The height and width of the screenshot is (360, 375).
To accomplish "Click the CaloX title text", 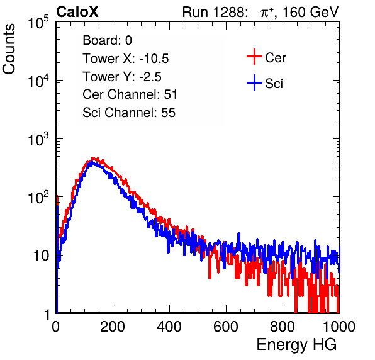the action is tap(77, 12).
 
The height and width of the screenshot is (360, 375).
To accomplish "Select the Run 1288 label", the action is tap(214, 12).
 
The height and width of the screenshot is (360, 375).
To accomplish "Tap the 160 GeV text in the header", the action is tap(310, 12).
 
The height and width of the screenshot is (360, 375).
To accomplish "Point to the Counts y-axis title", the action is tap(9, 49).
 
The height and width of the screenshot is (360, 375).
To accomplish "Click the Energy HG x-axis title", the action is tap(296, 345).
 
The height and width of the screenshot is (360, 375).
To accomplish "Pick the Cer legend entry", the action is tap(275, 58).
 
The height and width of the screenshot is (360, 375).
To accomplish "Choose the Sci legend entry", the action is tap(274, 84).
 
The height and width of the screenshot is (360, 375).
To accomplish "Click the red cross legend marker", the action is tap(254, 57).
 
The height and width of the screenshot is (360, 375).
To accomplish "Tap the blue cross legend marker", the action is tap(254, 82).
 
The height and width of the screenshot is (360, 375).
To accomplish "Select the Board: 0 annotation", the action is tap(107, 40).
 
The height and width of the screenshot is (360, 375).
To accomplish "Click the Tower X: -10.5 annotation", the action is tap(126, 59).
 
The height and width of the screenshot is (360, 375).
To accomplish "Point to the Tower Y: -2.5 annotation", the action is tap(122, 77).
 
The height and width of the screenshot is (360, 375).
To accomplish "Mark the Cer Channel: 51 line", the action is tap(130, 94).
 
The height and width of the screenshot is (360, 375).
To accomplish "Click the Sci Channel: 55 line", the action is tap(129, 113).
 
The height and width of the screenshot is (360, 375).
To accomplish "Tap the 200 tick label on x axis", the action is tap(113, 327).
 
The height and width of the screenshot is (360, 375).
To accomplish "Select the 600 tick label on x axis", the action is tap(226, 327).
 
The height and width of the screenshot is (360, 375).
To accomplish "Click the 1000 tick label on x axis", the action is tap(339, 327).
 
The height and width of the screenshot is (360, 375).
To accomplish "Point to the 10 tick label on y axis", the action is tap(41, 256).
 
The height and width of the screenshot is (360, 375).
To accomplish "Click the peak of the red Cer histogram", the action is tap(92, 158).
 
